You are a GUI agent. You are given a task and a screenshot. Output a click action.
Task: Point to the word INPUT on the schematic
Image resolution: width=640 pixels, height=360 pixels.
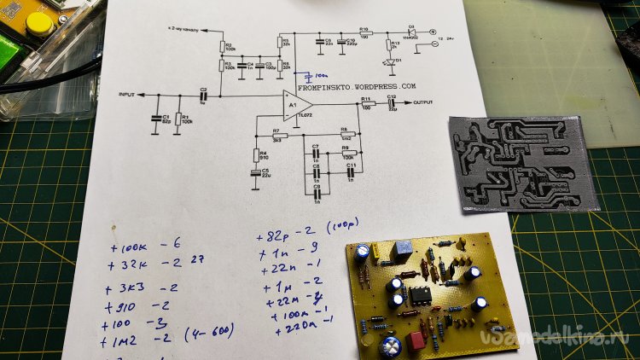click(x=127, y=94)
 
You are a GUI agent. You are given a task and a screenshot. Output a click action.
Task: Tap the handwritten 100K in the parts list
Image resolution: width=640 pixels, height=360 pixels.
click(x=131, y=247)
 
